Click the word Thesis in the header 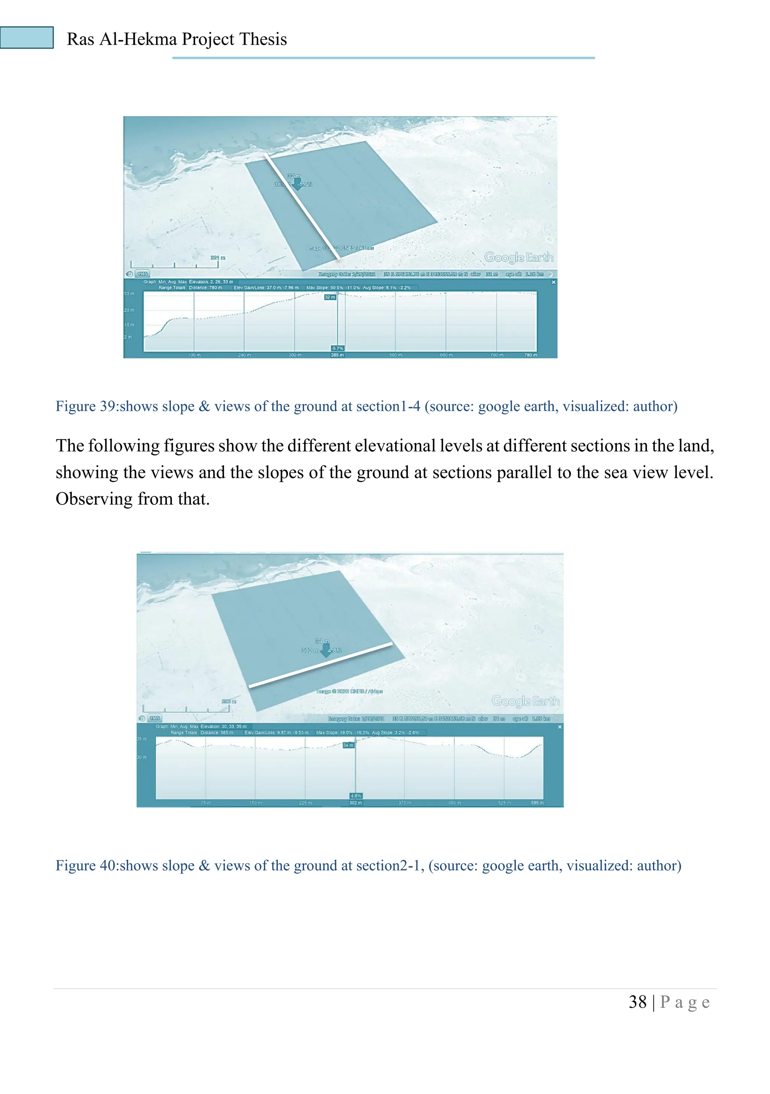pyautogui.click(x=264, y=39)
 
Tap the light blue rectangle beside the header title pyautogui.click(x=27, y=38)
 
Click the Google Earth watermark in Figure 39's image pyautogui.click(x=518, y=257)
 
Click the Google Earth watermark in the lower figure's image pyautogui.click(x=525, y=701)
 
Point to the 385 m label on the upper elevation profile pyautogui.click(x=337, y=355)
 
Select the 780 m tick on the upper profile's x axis pyautogui.click(x=531, y=355)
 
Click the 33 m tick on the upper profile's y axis pyautogui.click(x=129, y=293)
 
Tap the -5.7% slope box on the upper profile pyautogui.click(x=337, y=348)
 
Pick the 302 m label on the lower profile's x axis pyautogui.click(x=355, y=803)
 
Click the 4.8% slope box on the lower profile pyautogui.click(x=356, y=796)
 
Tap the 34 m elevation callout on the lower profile pyautogui.click(x=348, y=745)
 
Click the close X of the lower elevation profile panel pyautogui.click(x=559, y=727)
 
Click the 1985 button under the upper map pyautogui.click(x=142, y=274)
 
